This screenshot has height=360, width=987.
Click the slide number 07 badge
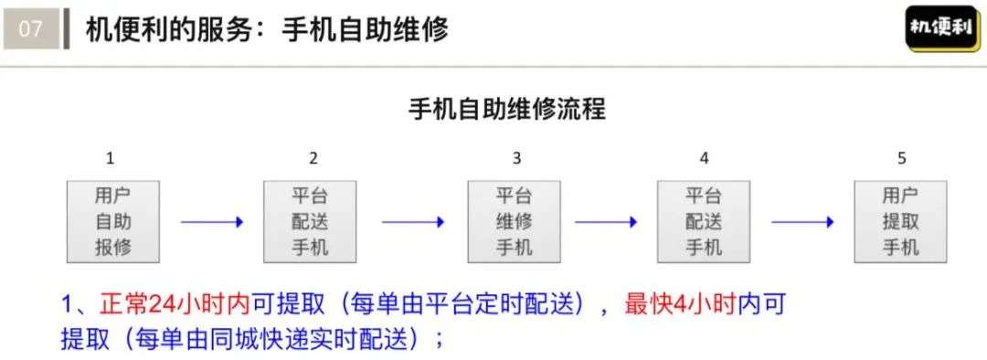30,29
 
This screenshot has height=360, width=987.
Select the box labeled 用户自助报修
113,221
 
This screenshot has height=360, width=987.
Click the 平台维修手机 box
515,221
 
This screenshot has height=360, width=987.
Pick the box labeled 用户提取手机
900,221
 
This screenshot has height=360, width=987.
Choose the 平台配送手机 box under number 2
310,221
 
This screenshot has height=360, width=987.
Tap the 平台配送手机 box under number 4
704,221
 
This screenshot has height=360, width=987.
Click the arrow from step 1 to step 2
212,222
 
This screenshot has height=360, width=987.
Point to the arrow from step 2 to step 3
413,222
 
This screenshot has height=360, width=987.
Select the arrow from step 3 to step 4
606,222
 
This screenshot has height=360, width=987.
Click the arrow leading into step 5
802,222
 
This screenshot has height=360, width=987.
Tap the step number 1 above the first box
111,158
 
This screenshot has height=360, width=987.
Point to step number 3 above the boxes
516,158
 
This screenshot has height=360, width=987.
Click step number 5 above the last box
902,158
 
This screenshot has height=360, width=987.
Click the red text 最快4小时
680,304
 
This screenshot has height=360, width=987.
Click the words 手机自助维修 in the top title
366,29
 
